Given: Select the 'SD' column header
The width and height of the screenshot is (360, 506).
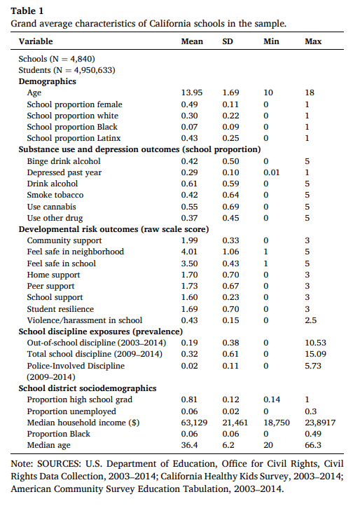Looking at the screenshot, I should click(x=228, y=41).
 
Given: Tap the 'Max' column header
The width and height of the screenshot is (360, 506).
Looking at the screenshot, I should click(x=313, y=41).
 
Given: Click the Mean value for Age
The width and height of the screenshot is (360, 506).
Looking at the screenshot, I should click(x=192, y=93).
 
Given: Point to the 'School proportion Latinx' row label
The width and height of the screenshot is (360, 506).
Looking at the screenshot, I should click(x=73, y=137).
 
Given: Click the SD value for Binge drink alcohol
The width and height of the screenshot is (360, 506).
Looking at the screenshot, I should click(x=230, y=160).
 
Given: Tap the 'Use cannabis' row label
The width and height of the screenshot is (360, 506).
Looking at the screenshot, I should click(x=52, y=206).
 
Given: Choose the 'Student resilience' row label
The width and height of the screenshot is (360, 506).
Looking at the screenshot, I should click(x=60, y=308).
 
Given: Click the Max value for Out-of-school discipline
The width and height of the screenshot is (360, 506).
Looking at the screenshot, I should click(x=315, y=343).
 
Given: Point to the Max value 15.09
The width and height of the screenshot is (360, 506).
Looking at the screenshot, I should click(x=315, y=355).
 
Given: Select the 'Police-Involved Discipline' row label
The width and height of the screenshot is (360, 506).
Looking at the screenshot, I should click(x=74, y=366).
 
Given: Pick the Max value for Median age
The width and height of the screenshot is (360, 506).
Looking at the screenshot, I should click(x=313, y=446).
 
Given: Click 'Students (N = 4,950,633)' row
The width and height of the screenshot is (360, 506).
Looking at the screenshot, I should click(x=67, y=70).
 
